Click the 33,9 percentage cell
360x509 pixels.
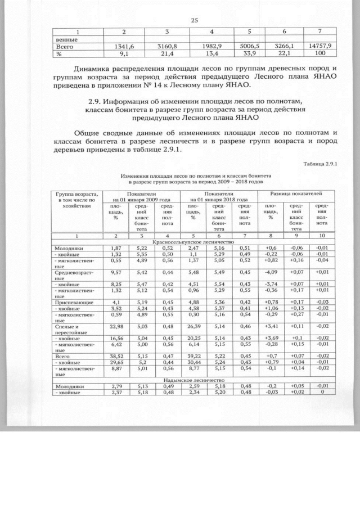point(250,55)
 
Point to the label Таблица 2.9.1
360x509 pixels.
point(323,164)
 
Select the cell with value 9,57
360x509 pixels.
point(116,272)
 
